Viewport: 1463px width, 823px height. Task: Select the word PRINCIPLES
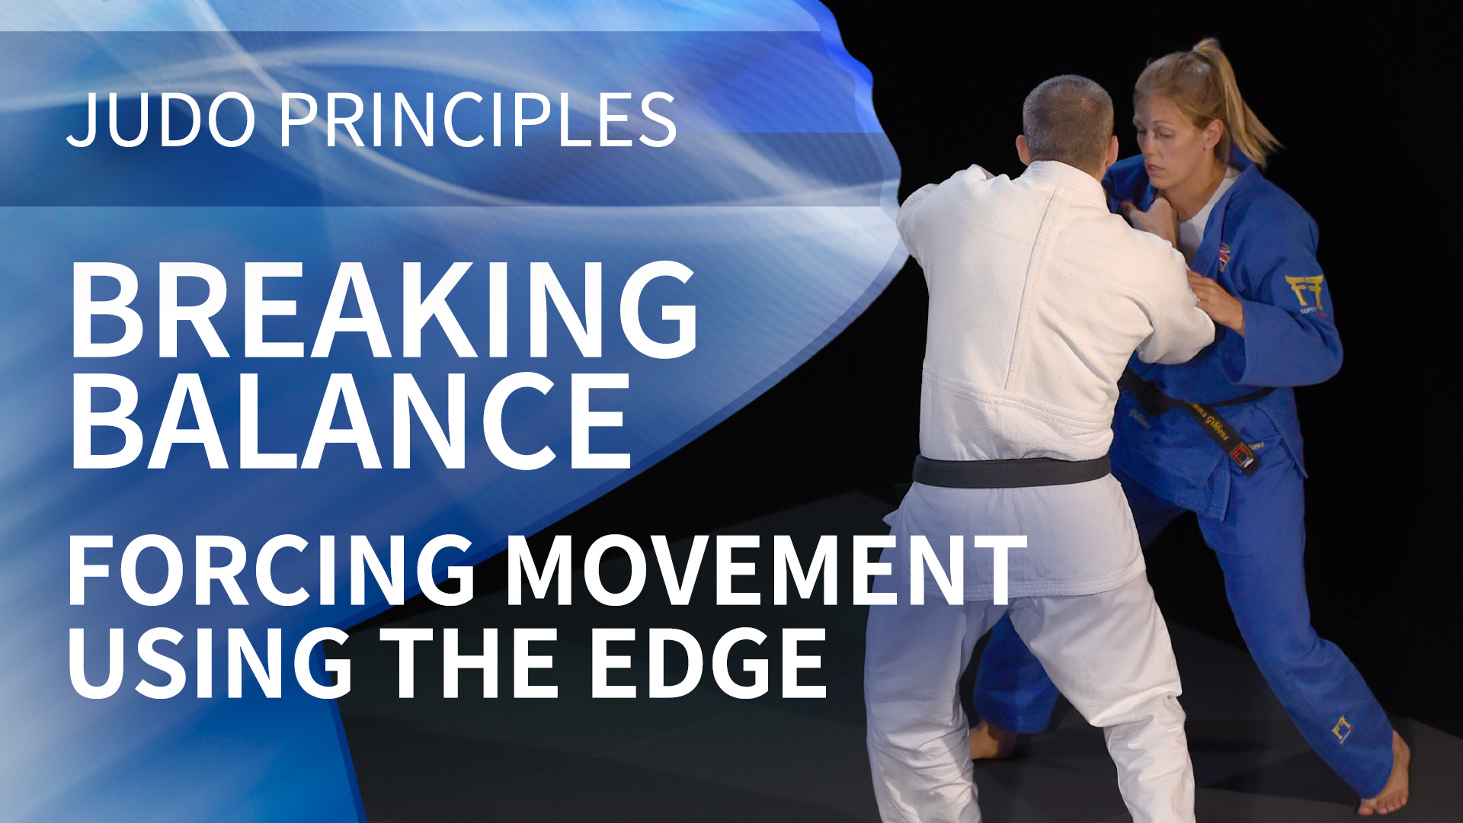click(x=478, y=120)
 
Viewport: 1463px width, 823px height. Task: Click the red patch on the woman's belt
click(x=1241, y=456)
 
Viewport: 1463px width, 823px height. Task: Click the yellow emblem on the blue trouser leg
click(x=1342, y=729)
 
